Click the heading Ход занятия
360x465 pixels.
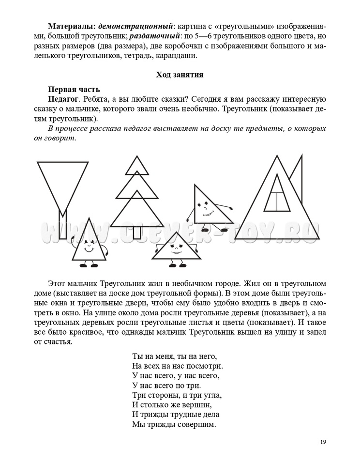point(180,75)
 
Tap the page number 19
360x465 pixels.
point(324,442)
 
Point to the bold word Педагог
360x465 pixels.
point(63,99)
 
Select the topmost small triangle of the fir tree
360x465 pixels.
point(137,166)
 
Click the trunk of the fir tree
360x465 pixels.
point(137,232)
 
